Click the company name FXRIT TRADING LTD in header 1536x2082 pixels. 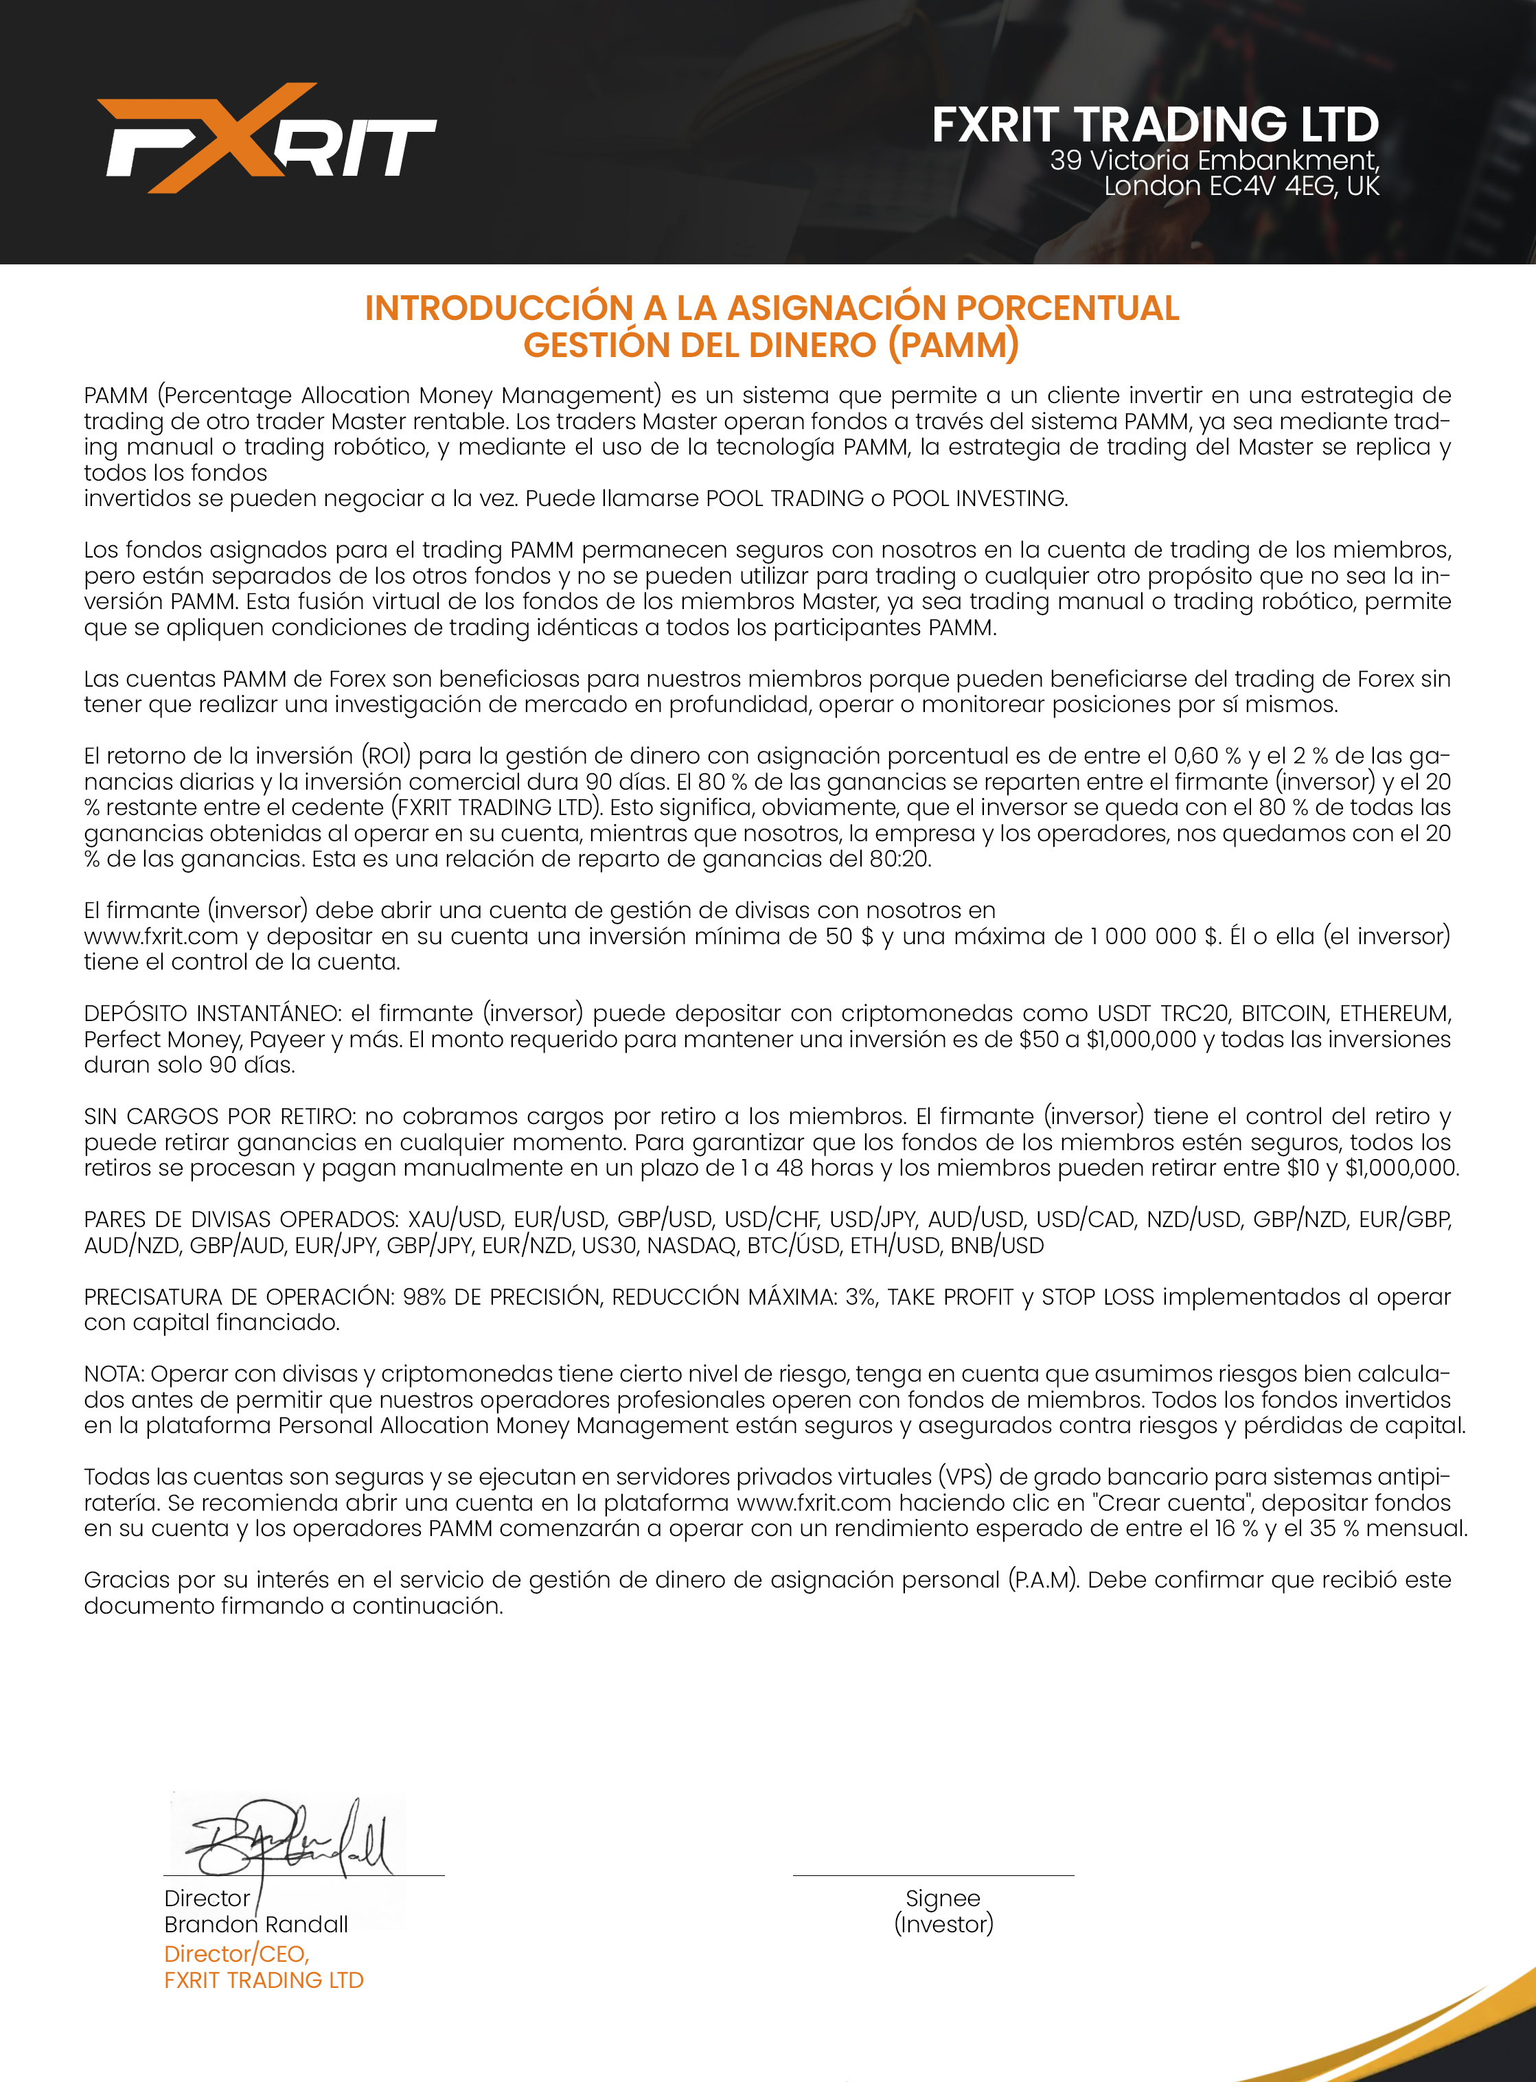click(x=1155, y=124)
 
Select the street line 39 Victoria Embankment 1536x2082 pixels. click(x=1213, y=161)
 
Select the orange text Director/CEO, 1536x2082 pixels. click(x=236, y=1954)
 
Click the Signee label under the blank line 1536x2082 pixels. click(x=943, y=1899)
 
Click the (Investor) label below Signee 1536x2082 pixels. click(x=943, y=1924)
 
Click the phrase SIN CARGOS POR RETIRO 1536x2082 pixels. click(x=218, y=1116)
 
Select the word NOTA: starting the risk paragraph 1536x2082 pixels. click(x=115, y=1373)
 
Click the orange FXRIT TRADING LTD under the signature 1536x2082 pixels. click(x=263, y=1980)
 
